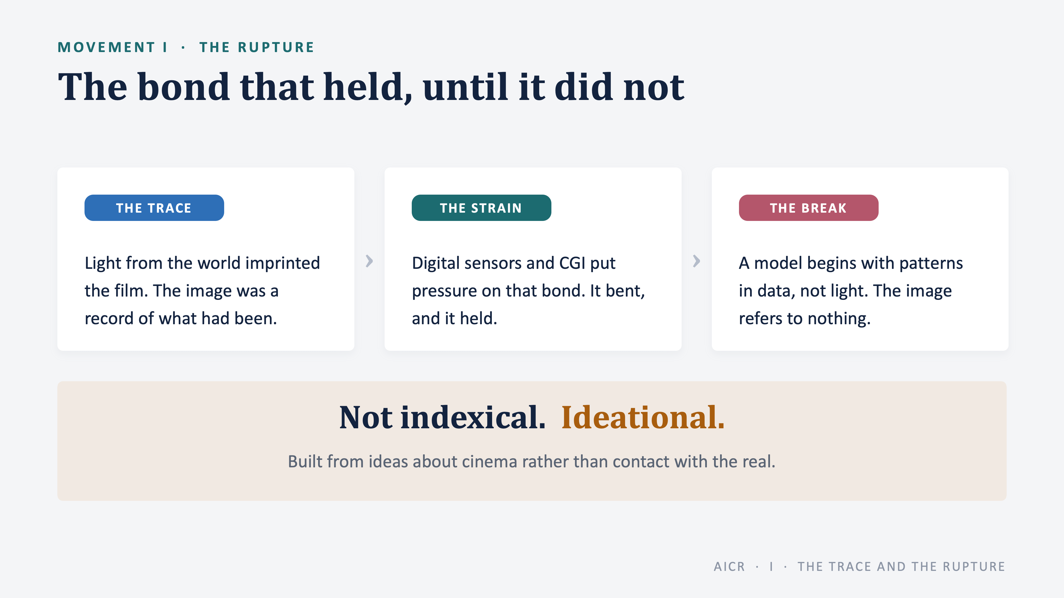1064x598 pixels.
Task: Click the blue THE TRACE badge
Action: (x=154, y=208)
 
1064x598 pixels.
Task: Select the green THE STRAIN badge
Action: (x=481, y=208)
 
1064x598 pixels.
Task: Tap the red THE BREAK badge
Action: (x=808, y=208)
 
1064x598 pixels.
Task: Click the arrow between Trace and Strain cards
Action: (x=369, y=261)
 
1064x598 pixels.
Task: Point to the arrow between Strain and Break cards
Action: (x=696, y=261)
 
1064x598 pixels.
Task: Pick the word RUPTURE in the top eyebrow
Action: (x=276, y=47)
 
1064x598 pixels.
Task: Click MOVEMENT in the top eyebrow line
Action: (x=106, y=47)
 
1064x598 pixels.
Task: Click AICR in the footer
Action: (x=729, y=567)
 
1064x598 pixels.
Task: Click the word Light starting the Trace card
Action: (x=103, y=263)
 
